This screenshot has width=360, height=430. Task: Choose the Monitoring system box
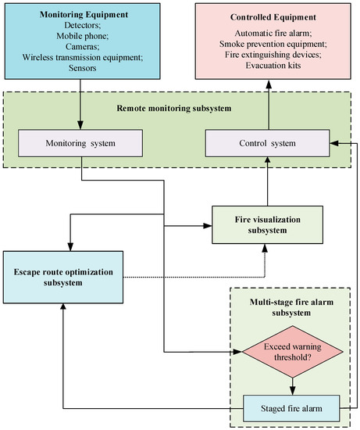point(80,143)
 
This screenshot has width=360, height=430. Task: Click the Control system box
point(266,143)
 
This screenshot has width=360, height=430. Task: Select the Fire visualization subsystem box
point(266,225)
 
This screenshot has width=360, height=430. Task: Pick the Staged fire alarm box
point(292,408)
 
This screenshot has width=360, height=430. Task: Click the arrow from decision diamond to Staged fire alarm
point(292,386)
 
